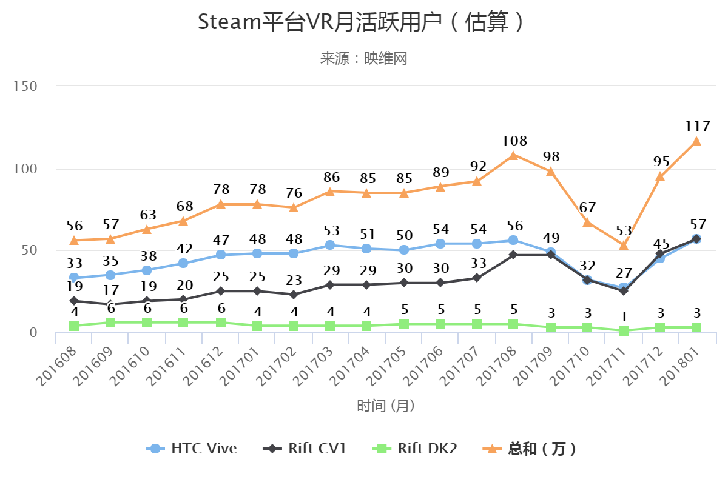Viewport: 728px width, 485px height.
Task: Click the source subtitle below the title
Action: [363, 58]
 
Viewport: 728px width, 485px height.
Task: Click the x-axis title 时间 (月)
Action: [386, 406]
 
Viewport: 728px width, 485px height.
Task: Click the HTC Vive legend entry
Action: [192, 449]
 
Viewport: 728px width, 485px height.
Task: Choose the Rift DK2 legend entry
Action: [415, 449]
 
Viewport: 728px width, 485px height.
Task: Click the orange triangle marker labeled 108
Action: [513, 155]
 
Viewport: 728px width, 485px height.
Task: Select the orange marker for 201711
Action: [623, 245]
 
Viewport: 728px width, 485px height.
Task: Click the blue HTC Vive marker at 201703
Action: [330, 245]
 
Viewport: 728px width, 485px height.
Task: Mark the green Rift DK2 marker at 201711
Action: [623, 331]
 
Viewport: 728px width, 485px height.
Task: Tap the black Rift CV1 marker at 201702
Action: [294, 295]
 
